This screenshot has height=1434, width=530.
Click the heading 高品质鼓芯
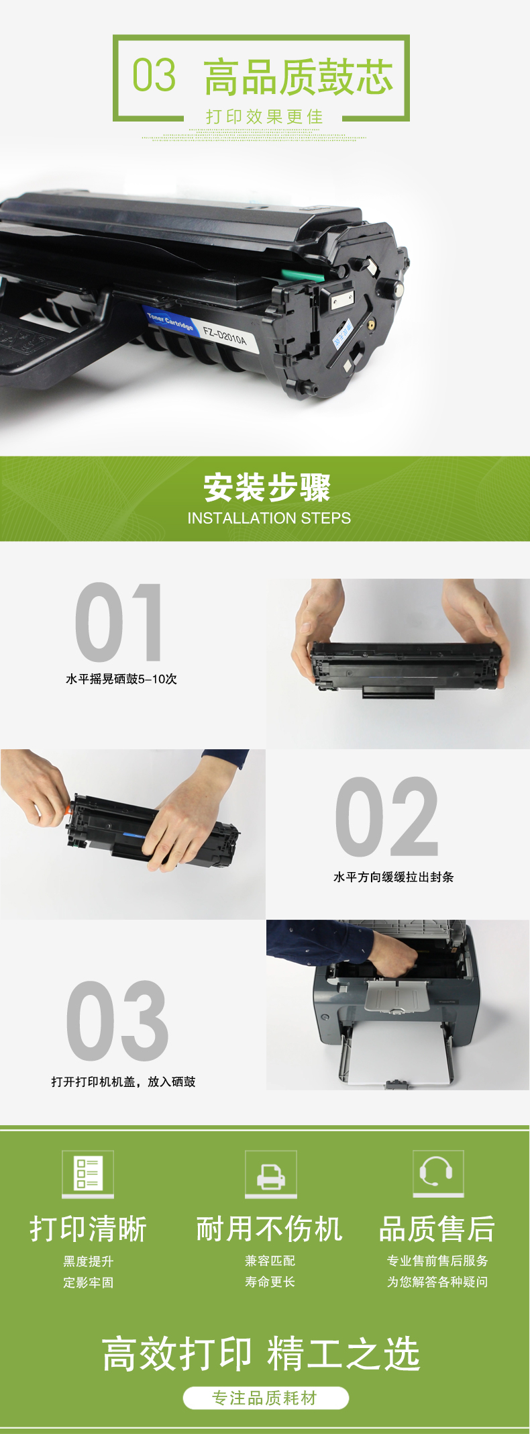pyautogui.click(x=299, y=77)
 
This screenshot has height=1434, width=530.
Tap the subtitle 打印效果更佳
pyautogui.click(x=264, y=117)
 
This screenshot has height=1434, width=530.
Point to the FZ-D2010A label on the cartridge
pyautogui.click(x=225, y=334)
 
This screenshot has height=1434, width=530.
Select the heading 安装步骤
pyautogui.click(x=267, y=487)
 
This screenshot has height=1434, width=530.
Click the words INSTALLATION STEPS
pyautogui.click(x=269, y=518)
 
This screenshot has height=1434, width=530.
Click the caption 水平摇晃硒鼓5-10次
pyautogui.click(x=121, y=679)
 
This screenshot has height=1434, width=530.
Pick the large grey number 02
pyautogui.click(x=387, y=816)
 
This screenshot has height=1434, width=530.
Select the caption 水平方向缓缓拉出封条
pyautogui.click(x=394, y=877)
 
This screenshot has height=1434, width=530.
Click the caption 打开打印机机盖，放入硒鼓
pyautogui.click(x=123, y=1082)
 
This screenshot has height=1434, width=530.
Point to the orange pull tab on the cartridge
pyautogui.click(x=68, y=809)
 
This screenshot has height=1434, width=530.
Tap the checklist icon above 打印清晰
pyautogui.click(x=88, y=1173)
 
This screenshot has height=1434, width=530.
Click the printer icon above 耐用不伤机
pyautogui.click(x=270, y=1173)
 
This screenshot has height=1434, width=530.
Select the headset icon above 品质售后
pyautogui.click(x=438, y=1173)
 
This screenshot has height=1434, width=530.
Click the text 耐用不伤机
pyautogui.click(x=269, y=1229)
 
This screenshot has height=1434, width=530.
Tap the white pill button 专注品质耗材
pyautogui.click(x=266, y=1398)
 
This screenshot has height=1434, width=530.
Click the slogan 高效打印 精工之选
pyautogui.click(x=261, y=1353)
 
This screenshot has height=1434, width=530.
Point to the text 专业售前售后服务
pyautogui.click(x=437, y=1261)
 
